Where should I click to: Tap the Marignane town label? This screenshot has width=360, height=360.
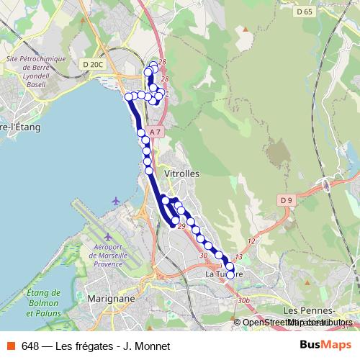110,298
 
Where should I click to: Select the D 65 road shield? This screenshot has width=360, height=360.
305,12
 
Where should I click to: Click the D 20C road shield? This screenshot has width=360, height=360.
94,64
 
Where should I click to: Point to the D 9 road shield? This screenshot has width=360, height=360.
287,200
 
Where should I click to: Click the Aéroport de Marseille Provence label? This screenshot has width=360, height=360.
110,253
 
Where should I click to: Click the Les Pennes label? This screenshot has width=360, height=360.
309,310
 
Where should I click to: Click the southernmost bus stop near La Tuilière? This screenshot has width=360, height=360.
230,274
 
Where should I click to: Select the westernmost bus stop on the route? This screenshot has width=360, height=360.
128,96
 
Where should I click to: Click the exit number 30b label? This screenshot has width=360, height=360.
243,300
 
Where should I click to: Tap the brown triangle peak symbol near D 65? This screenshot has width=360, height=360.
245,30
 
